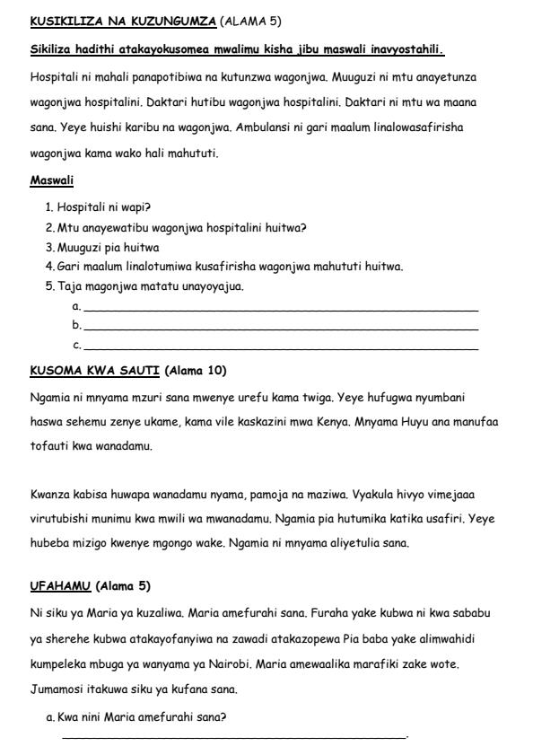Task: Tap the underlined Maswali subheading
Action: tap(51, 180)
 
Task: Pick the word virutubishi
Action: tap(57, 519)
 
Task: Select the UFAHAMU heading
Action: tap(59, 586)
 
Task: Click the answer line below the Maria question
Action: tap(233, 738)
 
